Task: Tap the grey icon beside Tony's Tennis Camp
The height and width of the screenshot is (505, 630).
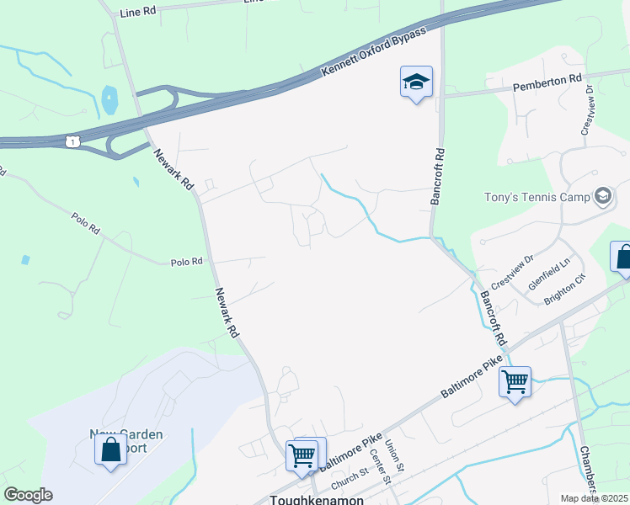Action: (602, 197)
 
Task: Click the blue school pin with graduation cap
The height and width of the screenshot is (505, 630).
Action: (416, 82)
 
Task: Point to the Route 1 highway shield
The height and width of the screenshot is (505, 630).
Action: (74, 141)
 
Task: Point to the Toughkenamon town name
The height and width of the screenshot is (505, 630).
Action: (316, 499)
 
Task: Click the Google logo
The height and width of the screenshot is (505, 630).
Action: (28, 495)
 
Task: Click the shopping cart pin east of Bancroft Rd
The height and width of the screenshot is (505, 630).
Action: (515, 382)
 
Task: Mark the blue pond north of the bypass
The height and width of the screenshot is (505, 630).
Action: (109, 100)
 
